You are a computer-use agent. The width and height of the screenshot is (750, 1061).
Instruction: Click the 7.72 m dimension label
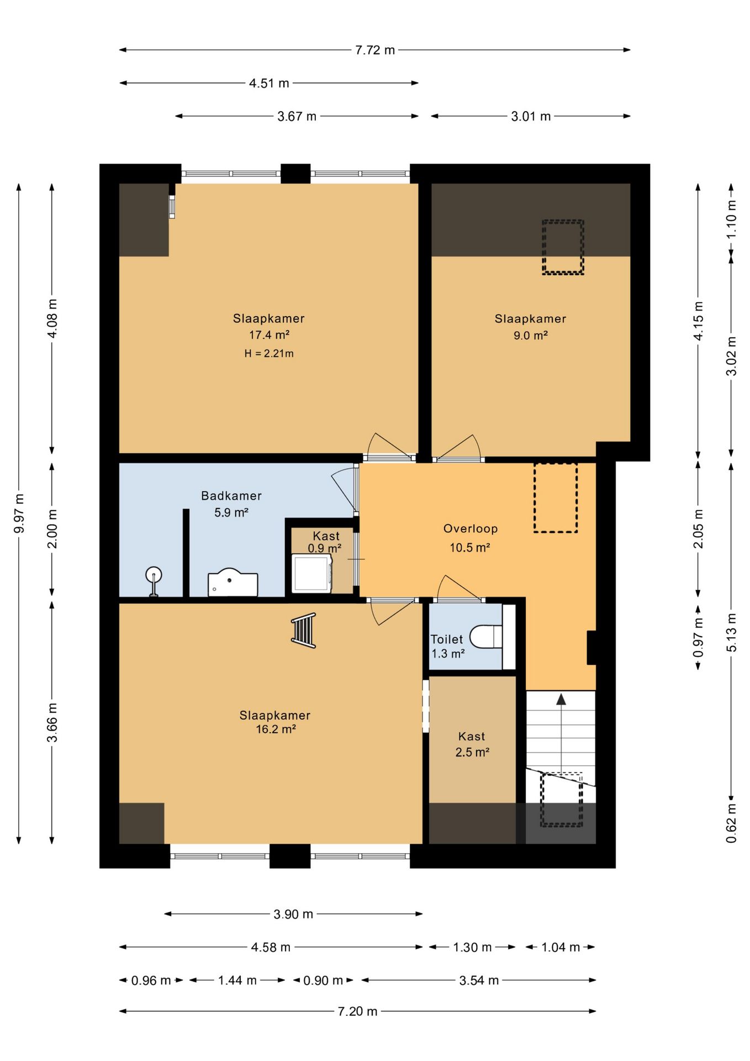[x=375, y=50]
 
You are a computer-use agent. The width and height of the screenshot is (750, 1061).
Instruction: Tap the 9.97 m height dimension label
[x=19, y=513]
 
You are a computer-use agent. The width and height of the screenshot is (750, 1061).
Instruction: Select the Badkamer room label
[x=231, y=496]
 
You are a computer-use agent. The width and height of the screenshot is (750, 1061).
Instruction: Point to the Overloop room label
[x=471, y=529]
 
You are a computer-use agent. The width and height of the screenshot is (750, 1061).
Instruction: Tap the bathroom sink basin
[x=233, y=582]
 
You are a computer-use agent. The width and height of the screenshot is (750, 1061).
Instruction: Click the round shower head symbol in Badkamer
[x=154, y=575]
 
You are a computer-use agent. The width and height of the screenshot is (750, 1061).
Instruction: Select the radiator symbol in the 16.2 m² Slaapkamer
[x=304, y=630]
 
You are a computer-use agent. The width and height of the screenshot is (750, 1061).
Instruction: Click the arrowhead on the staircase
[x=561, y=699]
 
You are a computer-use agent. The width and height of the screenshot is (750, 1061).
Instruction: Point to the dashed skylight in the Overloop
[x=556, y=498]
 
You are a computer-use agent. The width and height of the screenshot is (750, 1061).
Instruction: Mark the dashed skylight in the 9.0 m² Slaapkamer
[x=563, y=247]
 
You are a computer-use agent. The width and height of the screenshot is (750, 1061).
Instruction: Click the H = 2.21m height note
[x=269, y=354]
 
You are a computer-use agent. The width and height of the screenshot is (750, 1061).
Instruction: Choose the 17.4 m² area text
[x=270, y=335]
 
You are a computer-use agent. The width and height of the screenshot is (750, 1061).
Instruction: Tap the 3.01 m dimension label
[x=531, y=117]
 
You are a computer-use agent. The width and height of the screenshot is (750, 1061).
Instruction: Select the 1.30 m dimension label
[x=472, y=947]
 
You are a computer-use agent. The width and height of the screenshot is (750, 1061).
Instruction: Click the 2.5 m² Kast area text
[x=472, y=752]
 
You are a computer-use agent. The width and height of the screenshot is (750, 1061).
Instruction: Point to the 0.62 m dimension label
[x=731, y=823]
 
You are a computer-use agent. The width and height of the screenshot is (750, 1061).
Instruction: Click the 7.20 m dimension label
[x=357, y=1011]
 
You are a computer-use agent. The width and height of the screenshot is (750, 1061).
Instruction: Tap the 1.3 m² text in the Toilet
[x=448, y=654]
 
